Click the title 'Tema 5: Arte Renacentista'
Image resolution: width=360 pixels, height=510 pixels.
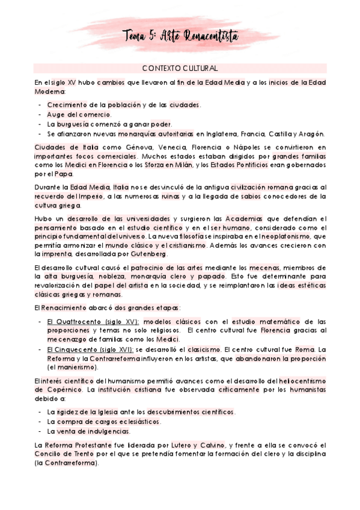point(180,37)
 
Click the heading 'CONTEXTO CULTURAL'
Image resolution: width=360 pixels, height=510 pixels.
point(180,69)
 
